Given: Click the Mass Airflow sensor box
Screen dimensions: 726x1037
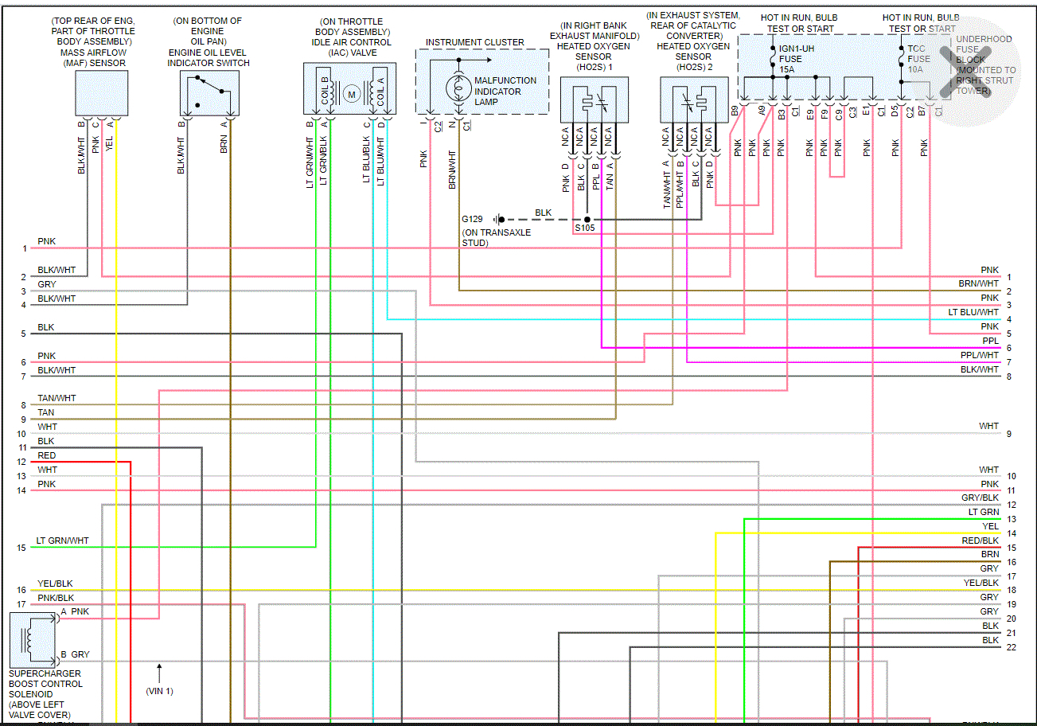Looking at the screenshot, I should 101,93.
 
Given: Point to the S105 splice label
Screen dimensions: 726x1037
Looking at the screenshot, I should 585,228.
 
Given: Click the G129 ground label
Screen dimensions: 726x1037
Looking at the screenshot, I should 472,218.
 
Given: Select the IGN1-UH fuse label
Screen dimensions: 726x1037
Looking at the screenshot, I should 797,49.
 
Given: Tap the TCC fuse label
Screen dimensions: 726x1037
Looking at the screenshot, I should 919,49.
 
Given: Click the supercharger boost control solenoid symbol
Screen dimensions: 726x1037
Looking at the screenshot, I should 33,640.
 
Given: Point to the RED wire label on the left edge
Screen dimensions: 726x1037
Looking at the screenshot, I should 46,455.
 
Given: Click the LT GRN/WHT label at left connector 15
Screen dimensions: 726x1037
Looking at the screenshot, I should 63,541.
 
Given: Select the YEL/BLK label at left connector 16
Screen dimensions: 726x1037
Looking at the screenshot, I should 54,584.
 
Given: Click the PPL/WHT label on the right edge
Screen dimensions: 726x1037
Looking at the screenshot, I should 979,355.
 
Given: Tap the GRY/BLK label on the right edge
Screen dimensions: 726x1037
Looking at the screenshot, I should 980,498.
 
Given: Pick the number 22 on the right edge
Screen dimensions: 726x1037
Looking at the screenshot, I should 1011,647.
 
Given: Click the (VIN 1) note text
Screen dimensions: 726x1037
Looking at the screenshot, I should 159,691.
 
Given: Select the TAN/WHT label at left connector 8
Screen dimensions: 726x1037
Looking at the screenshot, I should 57,398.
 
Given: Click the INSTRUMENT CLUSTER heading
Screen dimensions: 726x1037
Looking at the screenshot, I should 474,42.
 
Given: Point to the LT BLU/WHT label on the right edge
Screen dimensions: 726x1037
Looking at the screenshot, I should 973,312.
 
